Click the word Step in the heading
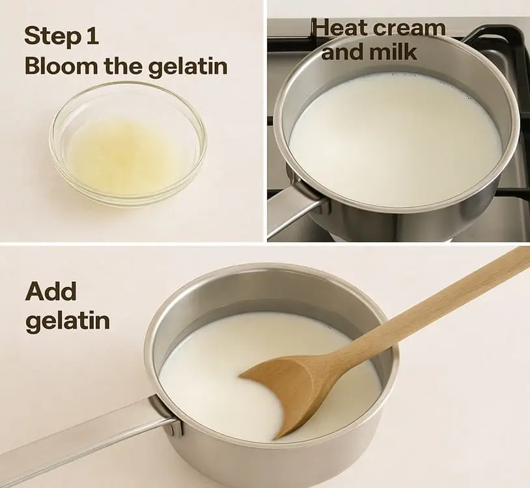pyautogui.click(x=53, y=36)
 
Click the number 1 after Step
pyautogui.click(x=92, y=34)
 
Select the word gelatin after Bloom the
pyautogui.click(x=188, y=66)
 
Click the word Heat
pyautogui.click(x=341, y=27)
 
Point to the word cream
pyautogui.click(x=410, y=29)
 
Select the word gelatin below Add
pyautogui.click(x=68, y=321)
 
